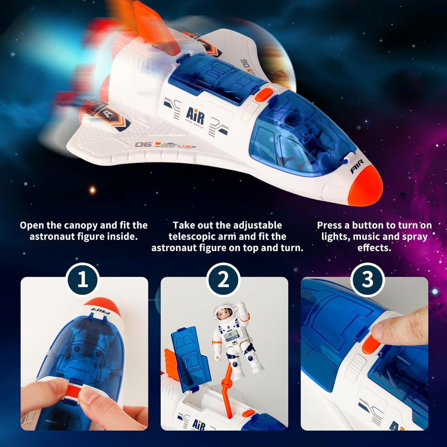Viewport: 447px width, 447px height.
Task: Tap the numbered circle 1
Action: click(x=83, y=280)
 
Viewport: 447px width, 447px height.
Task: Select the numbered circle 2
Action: click(x=223, y=280)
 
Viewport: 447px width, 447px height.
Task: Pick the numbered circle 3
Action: click(x=367, y=280)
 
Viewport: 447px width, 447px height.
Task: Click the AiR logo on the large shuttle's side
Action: click(x=195, y=116)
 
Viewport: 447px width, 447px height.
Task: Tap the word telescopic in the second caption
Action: click(x=197, y=237)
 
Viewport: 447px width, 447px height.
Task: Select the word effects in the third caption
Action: click(x=374, y=248)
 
